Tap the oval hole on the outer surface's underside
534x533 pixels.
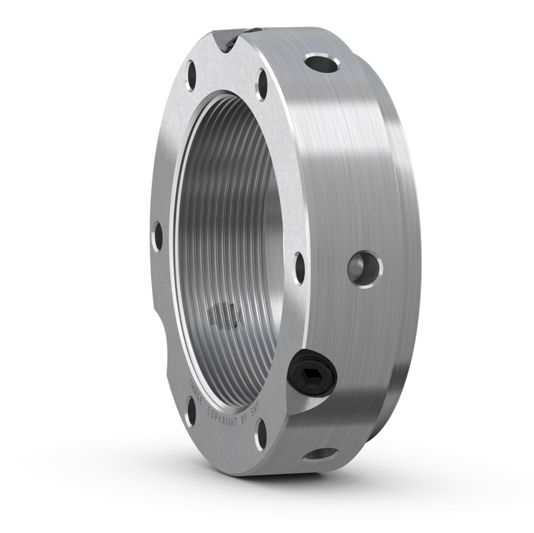click(x=322, y=455)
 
